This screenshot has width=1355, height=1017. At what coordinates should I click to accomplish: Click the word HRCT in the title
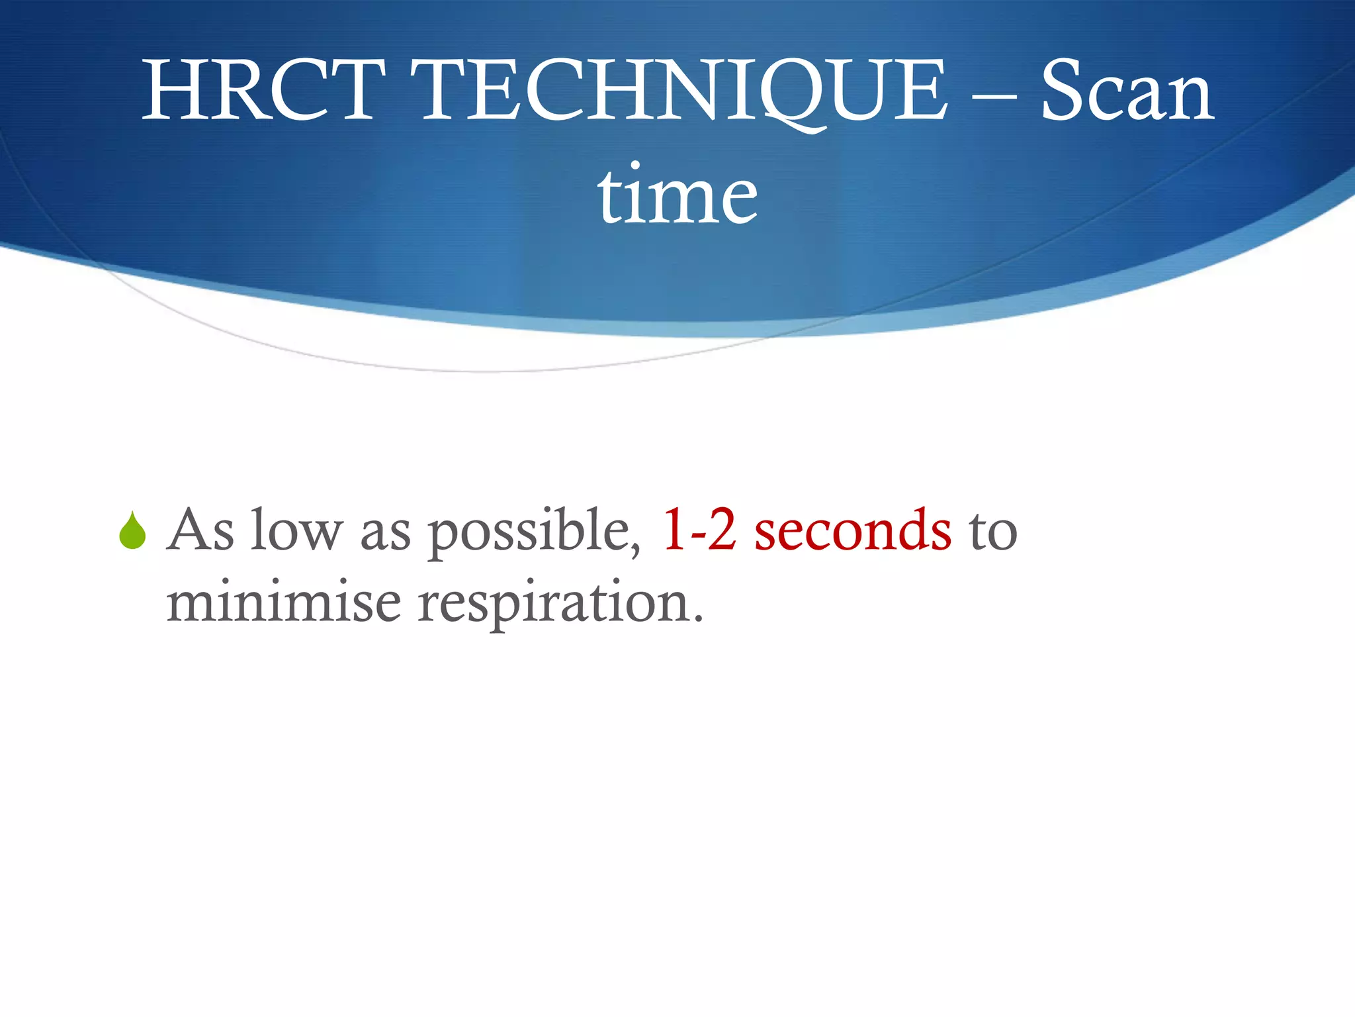(263, 91)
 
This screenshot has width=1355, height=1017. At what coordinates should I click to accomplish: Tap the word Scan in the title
(1127, 91)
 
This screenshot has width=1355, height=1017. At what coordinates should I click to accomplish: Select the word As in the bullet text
(200, 530)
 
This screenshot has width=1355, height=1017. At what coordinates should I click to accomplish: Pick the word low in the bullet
(296, 530)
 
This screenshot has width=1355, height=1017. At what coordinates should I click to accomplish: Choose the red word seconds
(853, 530)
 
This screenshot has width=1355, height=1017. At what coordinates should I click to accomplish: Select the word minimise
(283, 603)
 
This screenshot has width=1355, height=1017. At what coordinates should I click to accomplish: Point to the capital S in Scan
(1065, 91)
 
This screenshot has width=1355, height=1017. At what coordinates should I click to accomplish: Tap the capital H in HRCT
(173, 91)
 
